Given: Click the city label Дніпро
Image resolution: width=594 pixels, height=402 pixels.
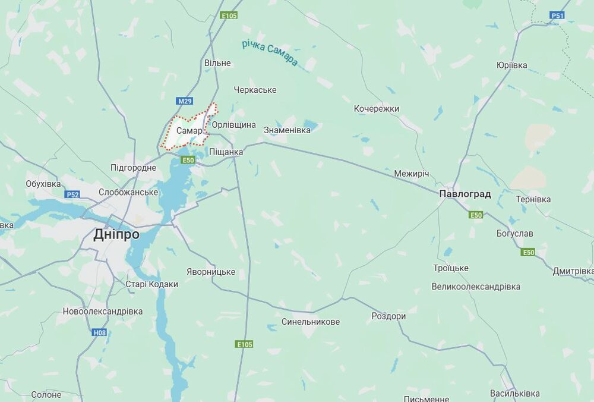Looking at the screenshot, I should [116, 234].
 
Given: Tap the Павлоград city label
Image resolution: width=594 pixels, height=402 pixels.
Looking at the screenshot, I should [465, 194].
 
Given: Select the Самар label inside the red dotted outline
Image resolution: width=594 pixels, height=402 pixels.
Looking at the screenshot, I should [189, 131].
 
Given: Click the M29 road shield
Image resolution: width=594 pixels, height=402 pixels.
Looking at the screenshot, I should [185, 101].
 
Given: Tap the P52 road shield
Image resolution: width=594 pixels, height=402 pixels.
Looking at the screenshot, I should [72, 194].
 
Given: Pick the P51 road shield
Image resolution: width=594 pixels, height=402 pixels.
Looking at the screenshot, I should [557, 15].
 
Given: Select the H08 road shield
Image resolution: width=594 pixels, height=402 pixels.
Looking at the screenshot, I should [99, 332].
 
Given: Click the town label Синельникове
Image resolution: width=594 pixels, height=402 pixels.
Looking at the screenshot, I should [311, 322].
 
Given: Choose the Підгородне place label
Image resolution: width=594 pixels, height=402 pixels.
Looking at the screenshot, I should [133, 168].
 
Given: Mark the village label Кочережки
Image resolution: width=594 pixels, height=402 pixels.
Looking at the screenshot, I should [377, 109].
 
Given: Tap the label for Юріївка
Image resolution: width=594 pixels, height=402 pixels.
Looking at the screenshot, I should [511, 65].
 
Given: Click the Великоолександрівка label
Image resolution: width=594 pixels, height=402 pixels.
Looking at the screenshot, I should [476, 287].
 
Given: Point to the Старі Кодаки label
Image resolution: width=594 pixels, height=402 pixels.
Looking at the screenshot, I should [151, 284].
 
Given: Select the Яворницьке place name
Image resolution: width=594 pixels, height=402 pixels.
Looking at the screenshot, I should [210, 272].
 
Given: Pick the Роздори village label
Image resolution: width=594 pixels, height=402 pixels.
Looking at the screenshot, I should [388, 316].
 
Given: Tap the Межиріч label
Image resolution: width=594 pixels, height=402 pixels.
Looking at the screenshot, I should [411, 174].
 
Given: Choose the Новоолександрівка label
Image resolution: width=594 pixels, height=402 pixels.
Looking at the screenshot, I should [103, 311].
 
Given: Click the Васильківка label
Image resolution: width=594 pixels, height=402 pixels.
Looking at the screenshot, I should [514, 394].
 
